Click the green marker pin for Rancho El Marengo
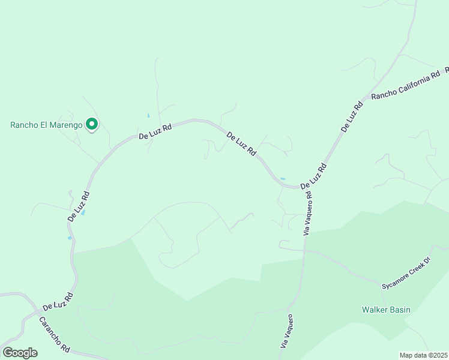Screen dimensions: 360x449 pyautogui.click(x=92, y=124)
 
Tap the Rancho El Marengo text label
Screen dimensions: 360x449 pyautogui.click(x=46, y=125)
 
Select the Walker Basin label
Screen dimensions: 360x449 pyautogui.click(x=386, y=310)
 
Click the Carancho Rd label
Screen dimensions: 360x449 pyautogui.click(x=55, y=334)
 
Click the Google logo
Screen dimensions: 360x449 pyautogui.click(x=20, y=353)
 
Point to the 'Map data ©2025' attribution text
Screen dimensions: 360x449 pyautogui.click(x=423, y=355)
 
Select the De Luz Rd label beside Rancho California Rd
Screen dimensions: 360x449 pyautogui.click(x=352, y=116)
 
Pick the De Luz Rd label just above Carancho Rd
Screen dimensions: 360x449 pyautogui.click(x=58, y=302)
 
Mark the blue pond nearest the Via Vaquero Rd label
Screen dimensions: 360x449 pyautogui.click(x=282, y=179)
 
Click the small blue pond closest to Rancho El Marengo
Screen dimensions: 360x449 pyautogui.click(x=148, y=115)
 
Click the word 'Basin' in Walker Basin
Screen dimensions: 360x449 pyautogui.click(x=399, y=310)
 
